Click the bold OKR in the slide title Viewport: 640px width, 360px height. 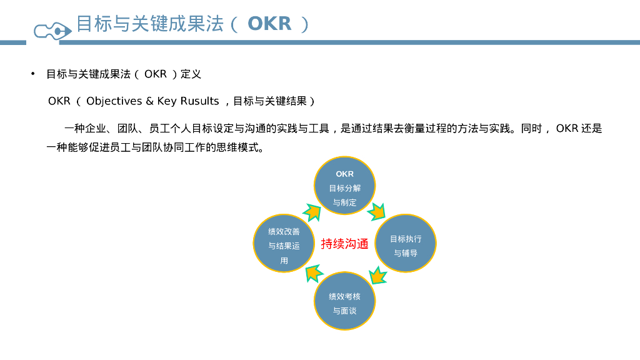[269, 24]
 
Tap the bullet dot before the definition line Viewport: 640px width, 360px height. [33, 74]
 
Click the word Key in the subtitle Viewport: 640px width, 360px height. [167, 101]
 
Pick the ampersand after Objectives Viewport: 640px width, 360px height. [149, 101]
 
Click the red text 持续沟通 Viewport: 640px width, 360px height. [344, 244]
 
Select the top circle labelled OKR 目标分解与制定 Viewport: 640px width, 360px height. [344, 186]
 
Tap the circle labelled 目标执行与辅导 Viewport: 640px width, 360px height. [406, 244]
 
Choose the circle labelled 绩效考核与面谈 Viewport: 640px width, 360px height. [344, 301]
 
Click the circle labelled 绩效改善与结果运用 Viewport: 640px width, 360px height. [284, 244]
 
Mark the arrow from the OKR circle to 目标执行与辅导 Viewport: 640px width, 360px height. [377, 211]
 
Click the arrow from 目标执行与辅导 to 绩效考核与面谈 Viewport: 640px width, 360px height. [377, 276]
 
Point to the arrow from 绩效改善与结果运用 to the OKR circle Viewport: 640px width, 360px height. [312, 212]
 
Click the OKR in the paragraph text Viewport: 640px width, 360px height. [566, 129]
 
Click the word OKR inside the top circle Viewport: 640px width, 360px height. [344, 174]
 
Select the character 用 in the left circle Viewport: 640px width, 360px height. [284, 260]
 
